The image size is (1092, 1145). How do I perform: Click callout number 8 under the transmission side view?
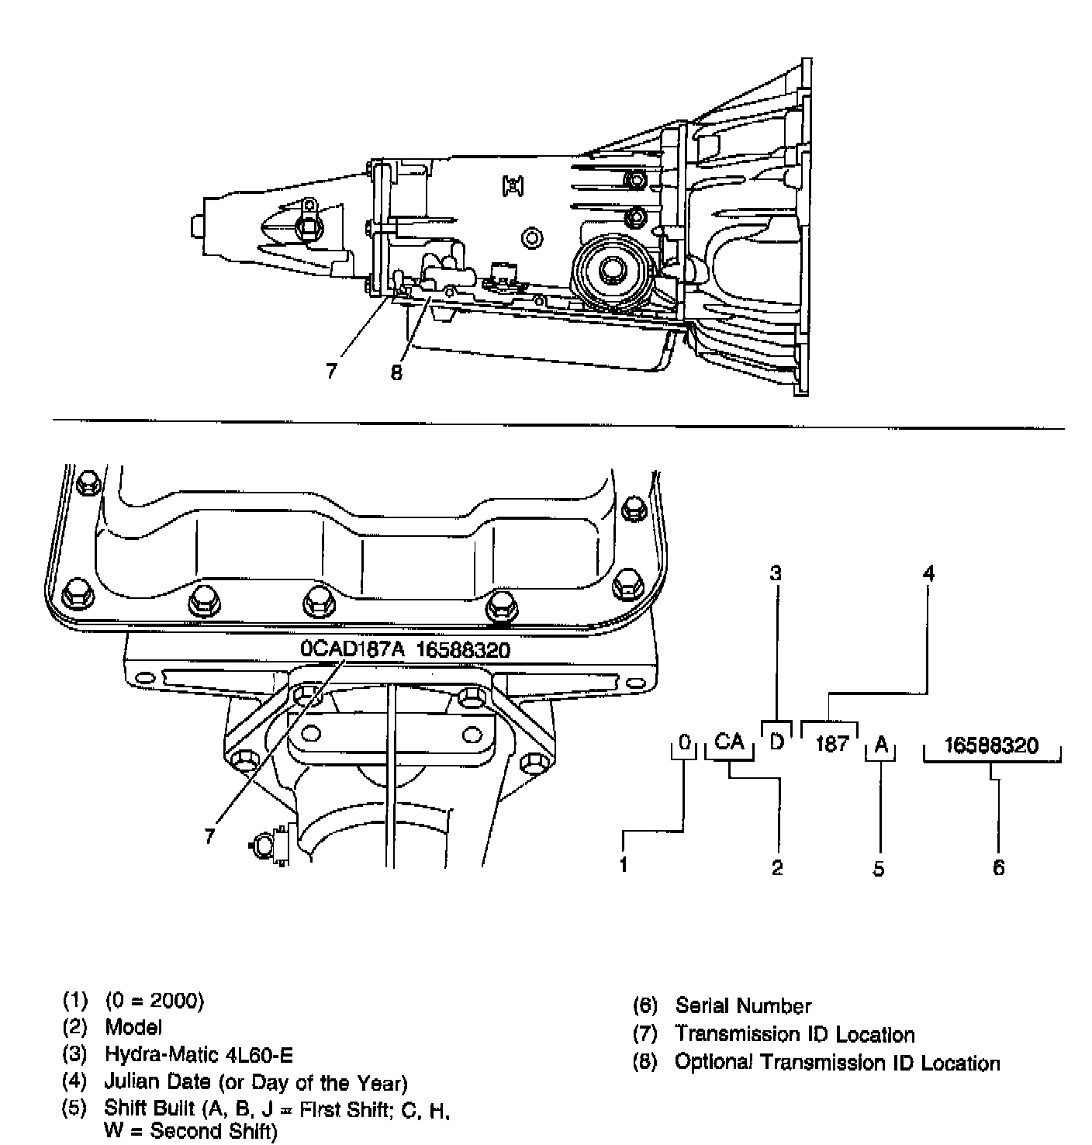(396, 372)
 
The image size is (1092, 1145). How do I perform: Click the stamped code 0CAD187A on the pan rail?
(353, 649)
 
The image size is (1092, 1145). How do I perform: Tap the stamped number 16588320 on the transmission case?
(464, 649)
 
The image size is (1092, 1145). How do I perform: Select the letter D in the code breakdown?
(776, 742)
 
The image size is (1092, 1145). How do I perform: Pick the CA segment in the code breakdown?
(729, 742)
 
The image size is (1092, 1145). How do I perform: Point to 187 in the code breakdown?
(831, 744)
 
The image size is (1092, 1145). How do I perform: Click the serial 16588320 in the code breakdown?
(991, 745)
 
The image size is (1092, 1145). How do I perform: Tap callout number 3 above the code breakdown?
(775, 573)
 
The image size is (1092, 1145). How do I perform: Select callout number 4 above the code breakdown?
(928, 573)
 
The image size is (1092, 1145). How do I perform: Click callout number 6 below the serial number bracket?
(998, 867)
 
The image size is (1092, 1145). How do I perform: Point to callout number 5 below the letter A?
(878, 868)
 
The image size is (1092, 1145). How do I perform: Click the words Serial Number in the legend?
(743, 1006)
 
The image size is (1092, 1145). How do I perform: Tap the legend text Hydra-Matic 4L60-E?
(199, 1055)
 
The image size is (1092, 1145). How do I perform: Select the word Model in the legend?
(133, 1027)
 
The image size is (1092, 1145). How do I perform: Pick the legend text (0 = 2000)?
(154, 1001)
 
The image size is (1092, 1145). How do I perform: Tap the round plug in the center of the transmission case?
(531, 237)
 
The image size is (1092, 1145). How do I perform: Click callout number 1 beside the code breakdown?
(624, 865)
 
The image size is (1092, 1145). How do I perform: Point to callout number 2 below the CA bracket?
(777, 867)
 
